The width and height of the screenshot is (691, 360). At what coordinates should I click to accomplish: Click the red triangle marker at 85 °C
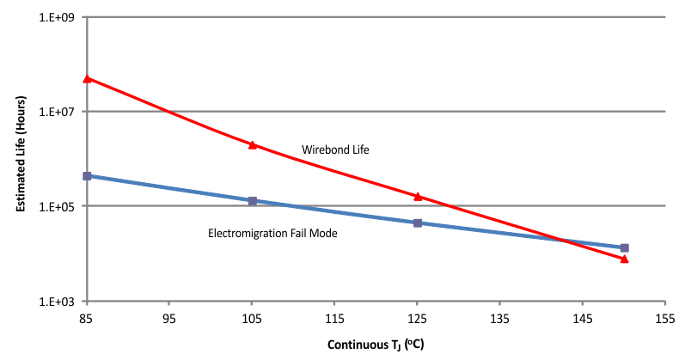coord(87,78)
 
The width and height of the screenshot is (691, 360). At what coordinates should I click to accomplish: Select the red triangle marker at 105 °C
coord(253,144)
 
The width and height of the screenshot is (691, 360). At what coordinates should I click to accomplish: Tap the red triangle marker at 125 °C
coord(418,196)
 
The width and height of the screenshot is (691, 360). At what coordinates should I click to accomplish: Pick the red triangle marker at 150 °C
coord(625,258)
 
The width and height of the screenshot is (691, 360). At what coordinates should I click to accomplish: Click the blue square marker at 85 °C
coord(87,176)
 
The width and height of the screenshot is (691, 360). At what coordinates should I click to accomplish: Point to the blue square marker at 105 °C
coord(253,201)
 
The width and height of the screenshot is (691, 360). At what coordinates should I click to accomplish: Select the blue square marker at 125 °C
coord(418,223)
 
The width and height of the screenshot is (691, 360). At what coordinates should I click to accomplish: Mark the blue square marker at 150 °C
coord(625,247)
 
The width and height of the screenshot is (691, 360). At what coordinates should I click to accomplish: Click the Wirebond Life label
coord(335,150)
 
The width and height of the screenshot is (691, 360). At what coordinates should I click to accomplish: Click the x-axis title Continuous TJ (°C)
coord(376,345)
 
